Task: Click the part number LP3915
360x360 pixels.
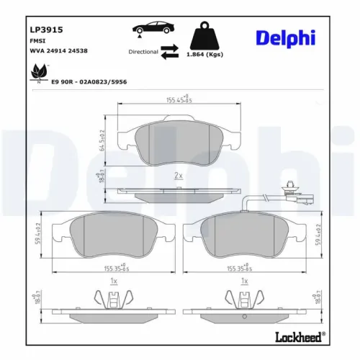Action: pos(46,30)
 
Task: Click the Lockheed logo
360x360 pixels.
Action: pos(299,337)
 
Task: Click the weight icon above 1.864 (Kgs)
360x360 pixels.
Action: pos(204,35)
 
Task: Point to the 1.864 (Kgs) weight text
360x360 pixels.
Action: pos(204,55)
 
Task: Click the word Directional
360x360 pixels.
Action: pos(143,53)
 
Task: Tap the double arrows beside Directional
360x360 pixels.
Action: pos(170,52)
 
